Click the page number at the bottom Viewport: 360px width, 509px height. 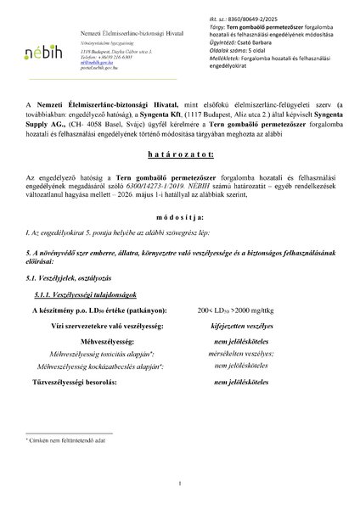point(180,483)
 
